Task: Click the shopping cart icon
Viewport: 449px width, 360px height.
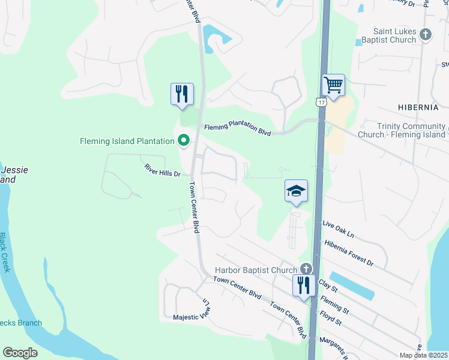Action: pos(333,85)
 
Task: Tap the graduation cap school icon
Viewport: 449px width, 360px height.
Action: pos(296,191)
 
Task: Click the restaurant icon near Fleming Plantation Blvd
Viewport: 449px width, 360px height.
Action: pos(182,94)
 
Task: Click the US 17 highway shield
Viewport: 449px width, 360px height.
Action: pos(322,102)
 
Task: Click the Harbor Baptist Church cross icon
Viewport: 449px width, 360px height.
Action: pos(306,270)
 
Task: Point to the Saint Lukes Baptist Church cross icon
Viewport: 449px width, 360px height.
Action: pos(426,35)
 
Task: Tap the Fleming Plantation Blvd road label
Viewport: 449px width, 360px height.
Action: pos(237,128)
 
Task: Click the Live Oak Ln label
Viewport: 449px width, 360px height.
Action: pos(339,229)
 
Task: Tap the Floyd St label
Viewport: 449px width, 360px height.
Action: pos(331,317)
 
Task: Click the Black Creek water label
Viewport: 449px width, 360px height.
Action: pos(5,253)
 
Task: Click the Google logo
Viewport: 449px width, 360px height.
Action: pos(20,353)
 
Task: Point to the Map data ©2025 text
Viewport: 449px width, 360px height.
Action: pos(424,355)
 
